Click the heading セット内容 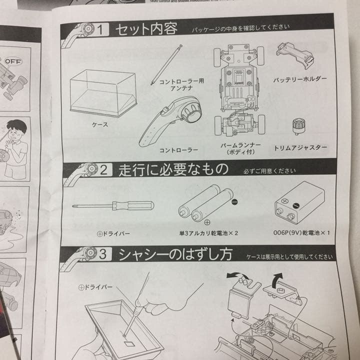pos(146,28)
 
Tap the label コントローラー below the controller pos(178,149)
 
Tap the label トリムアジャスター pos(300,148)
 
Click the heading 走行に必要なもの pos(173,170)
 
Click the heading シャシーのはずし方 pos(175,254)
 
